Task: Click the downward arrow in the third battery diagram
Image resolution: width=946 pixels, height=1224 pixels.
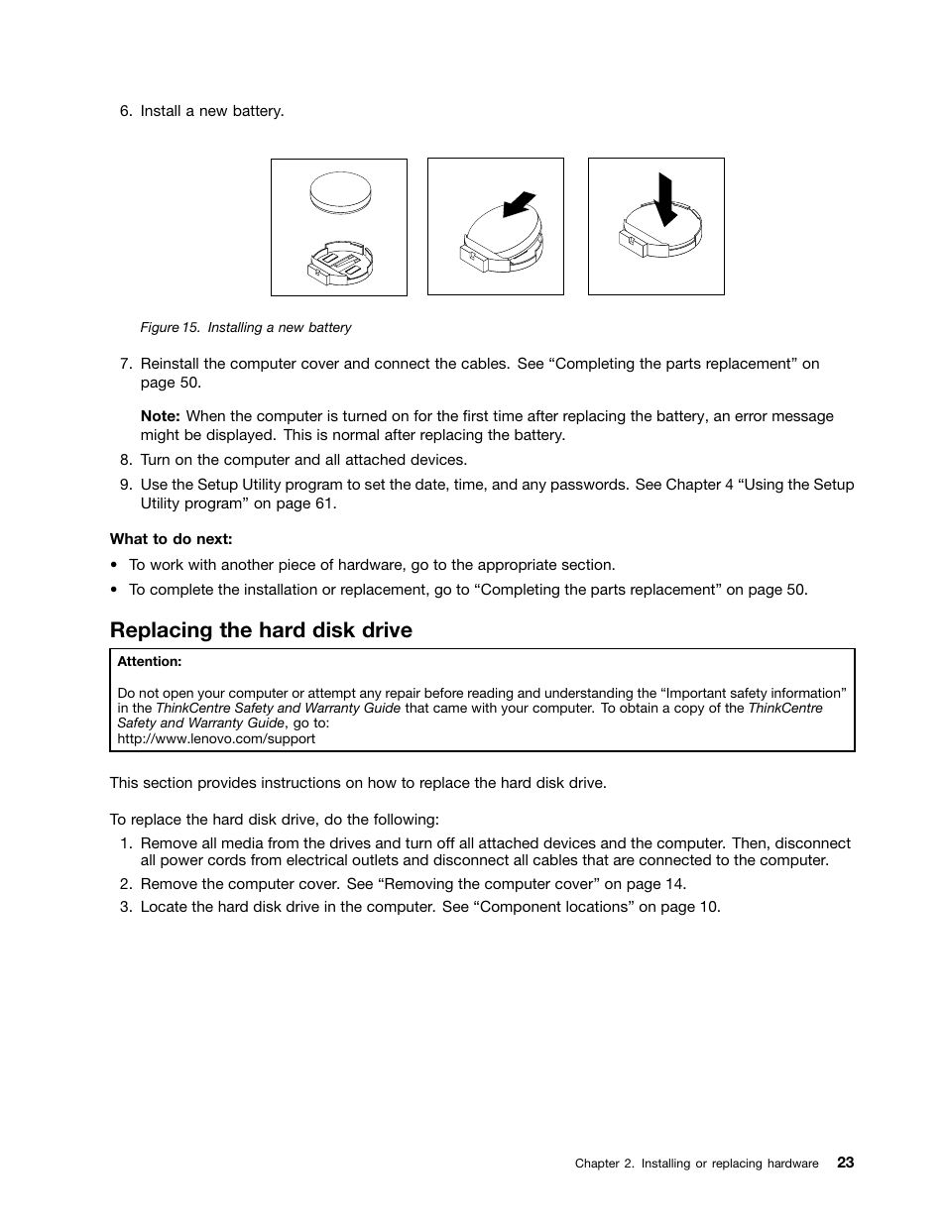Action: [x=665, y=199]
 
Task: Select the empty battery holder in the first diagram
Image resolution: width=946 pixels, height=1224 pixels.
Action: [x=339, y=262]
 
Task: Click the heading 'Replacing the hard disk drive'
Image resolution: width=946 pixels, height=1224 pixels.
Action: [x=261, y=630]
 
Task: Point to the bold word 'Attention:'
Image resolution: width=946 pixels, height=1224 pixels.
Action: [x=150, y=661]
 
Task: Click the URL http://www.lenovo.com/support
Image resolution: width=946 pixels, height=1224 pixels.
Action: [x=216, y=738]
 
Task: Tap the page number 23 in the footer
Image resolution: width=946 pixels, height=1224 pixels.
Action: [x=844, y=1163]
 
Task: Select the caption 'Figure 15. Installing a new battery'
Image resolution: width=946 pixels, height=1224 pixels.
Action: [x=246, y=328]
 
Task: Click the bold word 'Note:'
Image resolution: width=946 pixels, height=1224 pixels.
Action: [x=160, y=416]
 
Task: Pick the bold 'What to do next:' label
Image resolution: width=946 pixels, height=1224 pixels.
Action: [x=171, y=539]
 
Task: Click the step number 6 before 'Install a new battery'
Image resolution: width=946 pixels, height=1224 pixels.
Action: [x=125, y=111]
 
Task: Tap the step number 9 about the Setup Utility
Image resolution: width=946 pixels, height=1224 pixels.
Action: [x=125, y=485]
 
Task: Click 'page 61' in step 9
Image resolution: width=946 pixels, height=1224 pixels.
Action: [x=303, y=503]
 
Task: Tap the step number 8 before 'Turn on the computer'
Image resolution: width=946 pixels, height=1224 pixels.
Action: [x=125, y=460]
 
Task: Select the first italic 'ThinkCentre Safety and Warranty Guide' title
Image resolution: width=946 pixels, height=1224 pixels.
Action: [x=279, y=708]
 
